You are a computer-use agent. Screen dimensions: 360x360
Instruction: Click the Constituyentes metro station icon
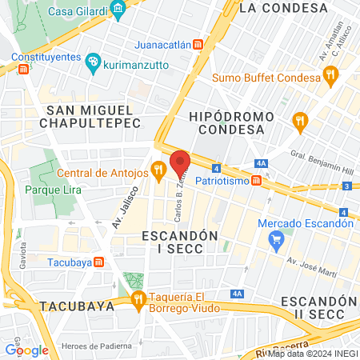(x=23, y=70)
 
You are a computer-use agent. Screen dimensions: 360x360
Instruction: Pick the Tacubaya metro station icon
(x=98, y=262)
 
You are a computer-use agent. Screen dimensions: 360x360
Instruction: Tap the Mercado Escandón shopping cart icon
(x=277, y=238)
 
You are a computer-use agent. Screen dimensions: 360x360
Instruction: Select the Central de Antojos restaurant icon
(x=159, y=170)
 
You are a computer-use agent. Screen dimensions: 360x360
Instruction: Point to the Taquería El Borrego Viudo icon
(x=138, y=299)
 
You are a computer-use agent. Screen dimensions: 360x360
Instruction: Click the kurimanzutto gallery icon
(x=92, y=61)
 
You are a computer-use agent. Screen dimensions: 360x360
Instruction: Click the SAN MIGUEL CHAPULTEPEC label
(x=94, y=116)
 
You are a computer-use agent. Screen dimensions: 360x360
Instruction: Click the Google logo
(x=26, y=350)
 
